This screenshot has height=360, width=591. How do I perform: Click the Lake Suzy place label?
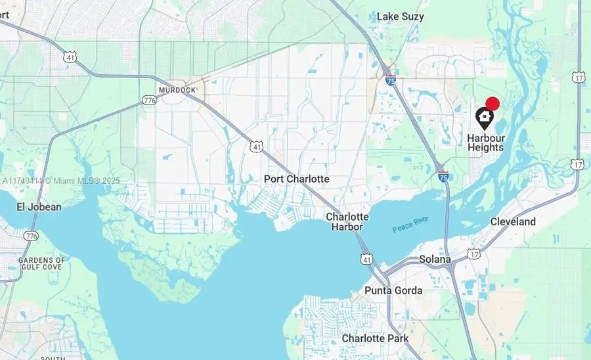coord(400,16)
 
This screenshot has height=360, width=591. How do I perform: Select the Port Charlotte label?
coord(296,179)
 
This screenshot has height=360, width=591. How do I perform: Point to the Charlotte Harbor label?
coord(347,221)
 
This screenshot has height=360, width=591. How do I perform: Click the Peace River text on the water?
coord(410,224)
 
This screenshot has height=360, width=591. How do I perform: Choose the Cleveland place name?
coord(513,222)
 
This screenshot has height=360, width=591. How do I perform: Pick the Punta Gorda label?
coord(393,290)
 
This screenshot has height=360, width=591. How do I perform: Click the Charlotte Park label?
coord(375,338)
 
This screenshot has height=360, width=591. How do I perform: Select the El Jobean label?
coord(39,207)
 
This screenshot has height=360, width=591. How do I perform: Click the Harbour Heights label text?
coord(485,143)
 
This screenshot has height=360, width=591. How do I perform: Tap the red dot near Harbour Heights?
coord(492,103)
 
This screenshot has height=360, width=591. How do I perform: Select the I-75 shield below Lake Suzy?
coord(391,81)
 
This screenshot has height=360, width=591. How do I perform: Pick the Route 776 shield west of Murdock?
coord(148,101)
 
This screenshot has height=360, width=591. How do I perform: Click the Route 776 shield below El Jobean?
coord(30,235)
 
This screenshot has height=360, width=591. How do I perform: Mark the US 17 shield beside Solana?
coord(473,254)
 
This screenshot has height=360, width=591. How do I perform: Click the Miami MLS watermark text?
coord(60,181)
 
